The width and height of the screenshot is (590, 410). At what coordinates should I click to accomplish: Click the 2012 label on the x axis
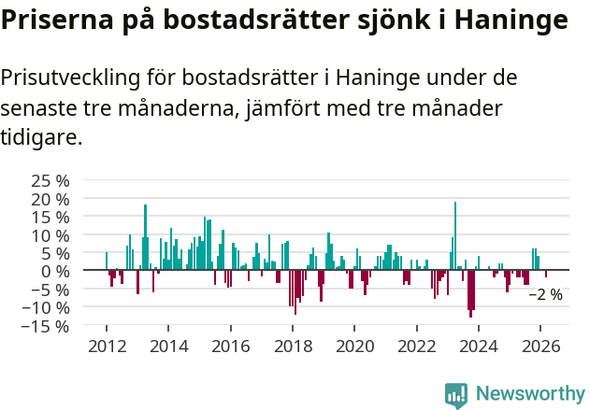(107, 346)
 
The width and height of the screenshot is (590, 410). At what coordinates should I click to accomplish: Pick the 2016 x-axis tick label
(230, 346)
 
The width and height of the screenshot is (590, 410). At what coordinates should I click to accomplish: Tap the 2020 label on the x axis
(354, 346)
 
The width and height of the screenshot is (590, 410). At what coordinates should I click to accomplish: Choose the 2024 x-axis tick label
(479, 346)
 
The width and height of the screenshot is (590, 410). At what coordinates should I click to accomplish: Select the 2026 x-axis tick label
(540, 346)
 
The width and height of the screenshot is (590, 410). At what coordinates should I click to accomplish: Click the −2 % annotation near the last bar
(545, 295)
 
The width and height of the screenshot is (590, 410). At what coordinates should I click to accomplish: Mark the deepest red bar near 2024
(470, 293)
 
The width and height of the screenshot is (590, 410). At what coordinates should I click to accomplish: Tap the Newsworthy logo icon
(456, 395)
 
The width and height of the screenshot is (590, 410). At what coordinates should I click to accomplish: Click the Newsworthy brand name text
(529, 394)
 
